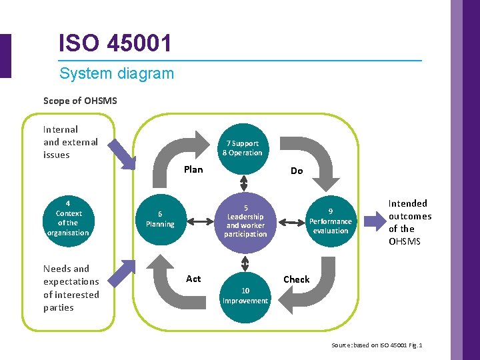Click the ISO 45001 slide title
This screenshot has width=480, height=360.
(x=115, y=44)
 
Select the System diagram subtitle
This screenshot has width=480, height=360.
(x=116, y=73)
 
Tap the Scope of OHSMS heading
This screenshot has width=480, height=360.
(x=80, y=101)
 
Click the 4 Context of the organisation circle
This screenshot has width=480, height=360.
(x=68, y=218)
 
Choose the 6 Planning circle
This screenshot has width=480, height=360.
(x=160, y=219)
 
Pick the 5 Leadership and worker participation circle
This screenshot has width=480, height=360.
(x=245, y=221)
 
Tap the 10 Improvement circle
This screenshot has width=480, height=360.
(x=245, y=295)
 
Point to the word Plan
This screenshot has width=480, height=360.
(x=193, y=169)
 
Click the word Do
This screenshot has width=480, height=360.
(x=297, y=171)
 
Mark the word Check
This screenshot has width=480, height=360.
(x=297, y=279)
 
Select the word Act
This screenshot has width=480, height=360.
(x=193, y=279)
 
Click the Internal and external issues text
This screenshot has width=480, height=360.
(x=70, y=142)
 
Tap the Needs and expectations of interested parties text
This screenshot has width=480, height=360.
(x=71, y=288)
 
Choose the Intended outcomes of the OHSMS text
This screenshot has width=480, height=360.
(x=409, y=222)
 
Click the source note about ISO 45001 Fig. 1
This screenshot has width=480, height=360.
(x=377, y=345)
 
